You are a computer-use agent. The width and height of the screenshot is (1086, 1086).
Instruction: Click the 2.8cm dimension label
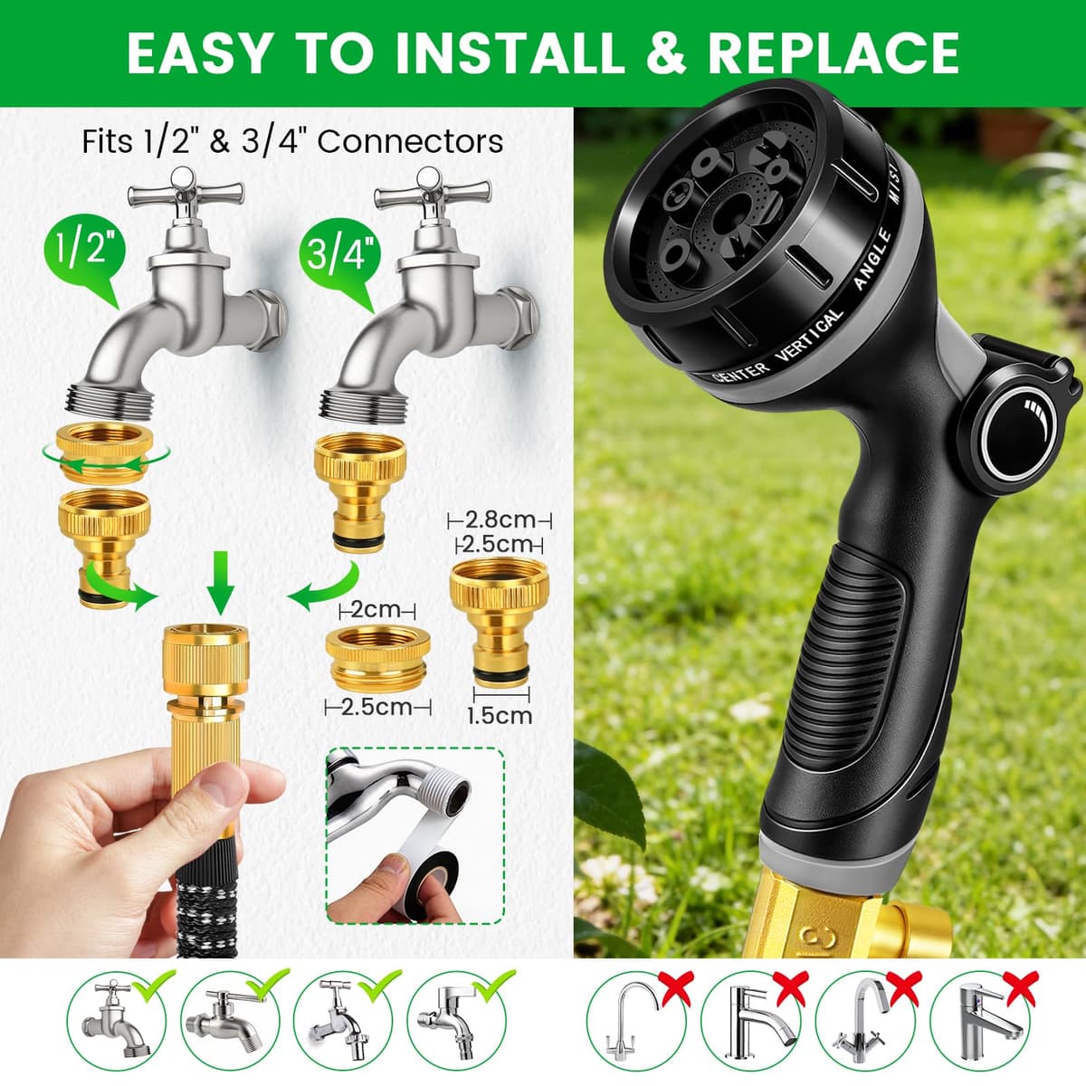[x=500, y=520]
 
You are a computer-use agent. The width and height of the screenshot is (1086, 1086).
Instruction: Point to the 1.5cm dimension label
[x=500, y=716]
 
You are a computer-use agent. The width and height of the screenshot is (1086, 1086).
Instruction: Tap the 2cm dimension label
[x=377, y=610]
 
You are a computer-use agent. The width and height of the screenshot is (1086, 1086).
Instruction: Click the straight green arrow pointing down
[x=220, y=583]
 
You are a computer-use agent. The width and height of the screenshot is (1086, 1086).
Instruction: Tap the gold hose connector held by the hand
[x=205, y=727]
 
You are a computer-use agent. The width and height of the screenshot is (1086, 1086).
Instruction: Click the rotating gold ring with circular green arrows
[x=105, y=454]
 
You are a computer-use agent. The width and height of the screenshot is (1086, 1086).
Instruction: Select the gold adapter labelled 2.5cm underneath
[x=377, y=660]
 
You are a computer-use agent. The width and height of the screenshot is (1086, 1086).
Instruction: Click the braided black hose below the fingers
[x=206, y=901]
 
